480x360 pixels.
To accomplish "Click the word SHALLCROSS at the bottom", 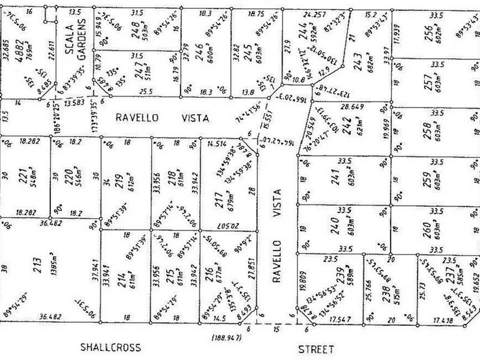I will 111,347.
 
